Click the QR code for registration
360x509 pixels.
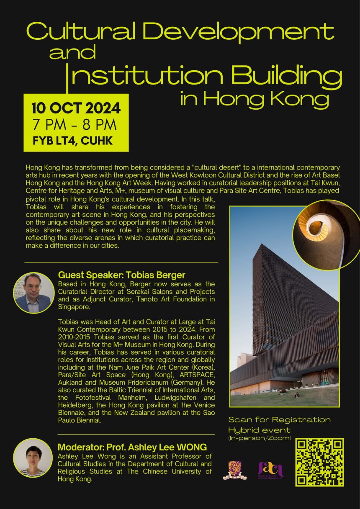click(x=319, y=462)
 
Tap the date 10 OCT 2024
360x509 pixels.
click(x=76, y=108)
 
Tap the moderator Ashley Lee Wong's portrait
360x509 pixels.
click(x=33, y=458)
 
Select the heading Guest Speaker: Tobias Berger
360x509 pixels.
click(x=121, y=275)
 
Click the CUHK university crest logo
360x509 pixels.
click(x=234, y=470)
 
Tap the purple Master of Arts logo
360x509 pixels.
click(x=270, y=470)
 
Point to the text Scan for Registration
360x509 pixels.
click(x=279, y=419)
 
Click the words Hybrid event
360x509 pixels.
click(x=259, y=430)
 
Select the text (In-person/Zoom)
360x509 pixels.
click(x=260, y=438)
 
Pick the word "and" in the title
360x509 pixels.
click(x=72, y=53)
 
